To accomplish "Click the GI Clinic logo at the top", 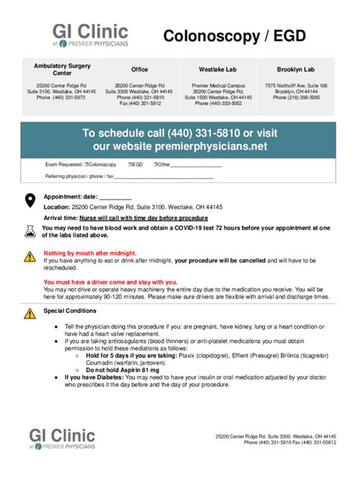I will pos(90,35).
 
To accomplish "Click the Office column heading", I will pos(140,69).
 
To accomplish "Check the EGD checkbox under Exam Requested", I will pos(129,164).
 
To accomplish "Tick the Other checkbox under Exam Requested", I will pos(155,164).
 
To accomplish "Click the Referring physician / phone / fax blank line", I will pos(163,177).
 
